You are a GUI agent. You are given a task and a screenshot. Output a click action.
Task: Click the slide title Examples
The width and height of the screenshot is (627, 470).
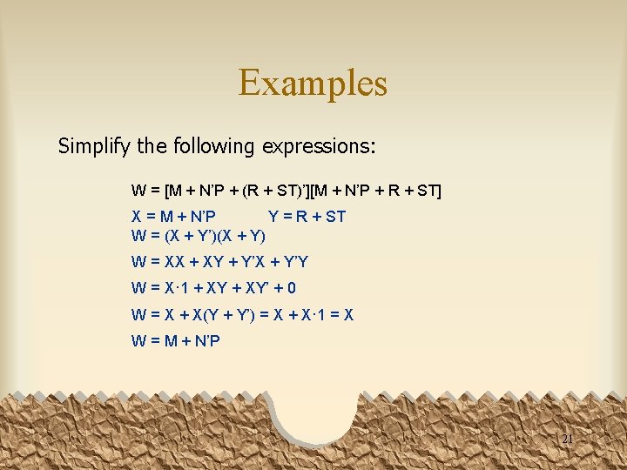click(313, 83)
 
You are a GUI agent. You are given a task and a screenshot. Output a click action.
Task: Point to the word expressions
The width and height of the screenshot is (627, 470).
click(317, 145)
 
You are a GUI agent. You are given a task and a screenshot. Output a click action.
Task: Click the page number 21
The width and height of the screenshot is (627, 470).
click(567, 440)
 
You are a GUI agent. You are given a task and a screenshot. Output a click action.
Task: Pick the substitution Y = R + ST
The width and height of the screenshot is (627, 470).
click(307, 216)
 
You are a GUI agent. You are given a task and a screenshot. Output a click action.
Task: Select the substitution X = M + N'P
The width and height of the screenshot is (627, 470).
click(174, 216)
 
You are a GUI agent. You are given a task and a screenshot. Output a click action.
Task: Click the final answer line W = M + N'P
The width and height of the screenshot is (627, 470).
click(175, 341)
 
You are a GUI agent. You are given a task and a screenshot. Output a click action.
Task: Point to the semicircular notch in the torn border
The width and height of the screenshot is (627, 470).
click(317, 409)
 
